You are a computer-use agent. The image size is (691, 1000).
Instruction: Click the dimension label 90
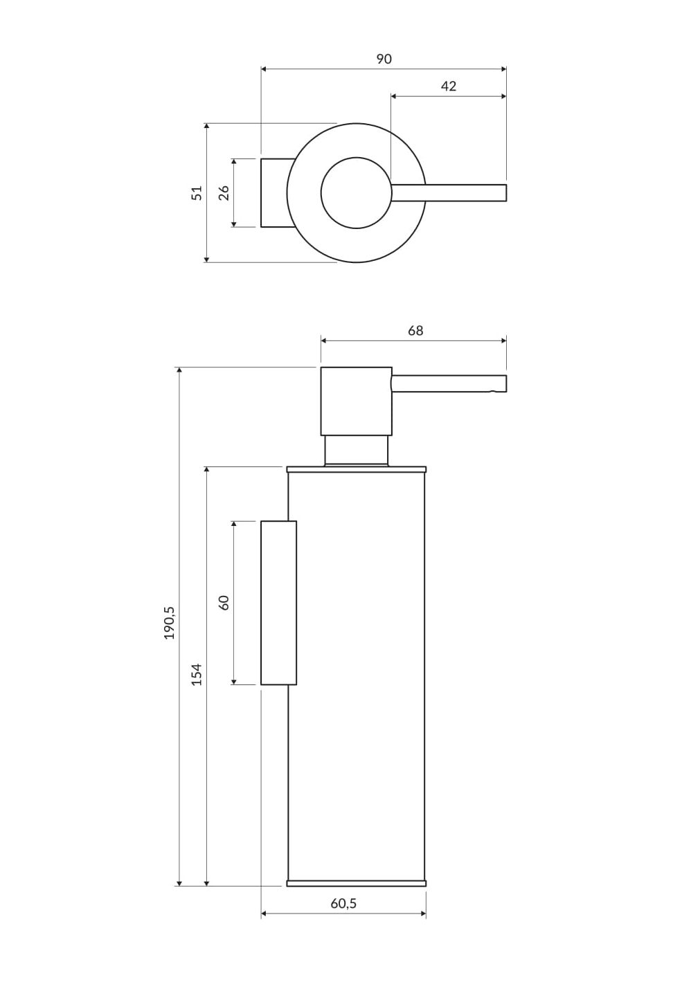click(384, 59)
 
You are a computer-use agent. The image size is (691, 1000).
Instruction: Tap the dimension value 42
click(449, 87)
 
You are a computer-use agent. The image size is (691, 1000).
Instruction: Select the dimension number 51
click(197, 192)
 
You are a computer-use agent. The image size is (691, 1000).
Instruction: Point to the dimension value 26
click(224, 192)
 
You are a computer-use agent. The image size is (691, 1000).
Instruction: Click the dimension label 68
click(415, 330)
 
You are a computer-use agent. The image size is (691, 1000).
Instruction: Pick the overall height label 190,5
click(170, 624)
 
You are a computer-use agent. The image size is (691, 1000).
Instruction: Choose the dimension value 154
click(197, 674)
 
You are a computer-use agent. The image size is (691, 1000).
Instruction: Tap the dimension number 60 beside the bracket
click(224, 603)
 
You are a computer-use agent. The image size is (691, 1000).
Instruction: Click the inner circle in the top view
click(356, 193)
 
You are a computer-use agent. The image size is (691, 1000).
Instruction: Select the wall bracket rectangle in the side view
click(279, 602)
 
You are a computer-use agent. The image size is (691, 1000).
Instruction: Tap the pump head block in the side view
click(357, 401)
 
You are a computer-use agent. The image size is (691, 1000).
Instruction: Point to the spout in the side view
click(449, 384)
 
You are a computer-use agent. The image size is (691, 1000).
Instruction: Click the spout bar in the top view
click(449, 193)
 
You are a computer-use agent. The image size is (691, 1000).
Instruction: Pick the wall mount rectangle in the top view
click(278, 193)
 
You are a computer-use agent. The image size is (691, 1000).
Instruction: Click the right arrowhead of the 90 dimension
click(504, 69)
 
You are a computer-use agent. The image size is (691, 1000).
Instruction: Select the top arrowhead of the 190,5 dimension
click(179, 370)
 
